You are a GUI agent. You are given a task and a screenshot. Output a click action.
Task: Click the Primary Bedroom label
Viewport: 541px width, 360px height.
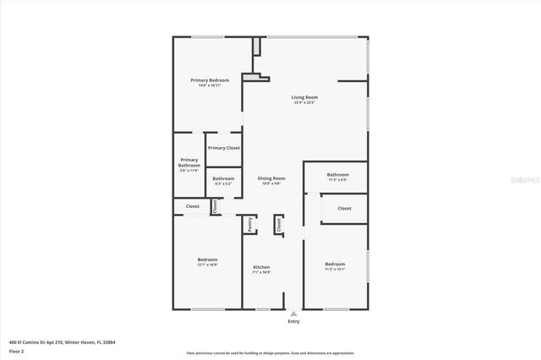point(210,80)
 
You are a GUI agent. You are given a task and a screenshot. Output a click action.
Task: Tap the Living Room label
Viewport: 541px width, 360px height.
point(304,98)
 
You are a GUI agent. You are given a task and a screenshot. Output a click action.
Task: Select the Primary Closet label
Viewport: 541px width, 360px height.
point(224,148)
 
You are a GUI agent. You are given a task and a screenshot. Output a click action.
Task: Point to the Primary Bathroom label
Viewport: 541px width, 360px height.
point(189,162)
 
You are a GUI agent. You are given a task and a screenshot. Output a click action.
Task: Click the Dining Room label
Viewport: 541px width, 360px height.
point(271,178)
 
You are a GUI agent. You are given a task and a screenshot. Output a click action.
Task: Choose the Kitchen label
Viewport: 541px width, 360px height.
point(261,267)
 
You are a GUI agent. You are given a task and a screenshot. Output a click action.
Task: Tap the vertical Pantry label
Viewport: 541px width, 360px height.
point(249,224)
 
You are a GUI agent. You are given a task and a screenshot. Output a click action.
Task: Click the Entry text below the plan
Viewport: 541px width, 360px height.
point(293,321)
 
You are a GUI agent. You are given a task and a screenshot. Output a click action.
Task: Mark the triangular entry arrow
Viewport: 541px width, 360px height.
point(293,313)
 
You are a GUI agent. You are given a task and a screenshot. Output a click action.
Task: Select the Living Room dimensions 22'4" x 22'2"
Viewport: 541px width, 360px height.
point(304,104)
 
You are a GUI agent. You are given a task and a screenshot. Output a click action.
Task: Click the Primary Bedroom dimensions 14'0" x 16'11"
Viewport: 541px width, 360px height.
point(210,85)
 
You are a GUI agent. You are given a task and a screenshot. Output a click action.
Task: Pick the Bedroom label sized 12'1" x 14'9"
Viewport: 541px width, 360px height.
point(207,259)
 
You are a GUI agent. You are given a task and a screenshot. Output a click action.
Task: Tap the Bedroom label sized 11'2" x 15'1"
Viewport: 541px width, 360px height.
point(335,264)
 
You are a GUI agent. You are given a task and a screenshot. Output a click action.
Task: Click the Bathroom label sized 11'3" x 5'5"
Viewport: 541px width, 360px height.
point(337,175)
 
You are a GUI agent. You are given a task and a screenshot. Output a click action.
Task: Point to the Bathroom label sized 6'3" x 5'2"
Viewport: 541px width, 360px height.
point(223,178)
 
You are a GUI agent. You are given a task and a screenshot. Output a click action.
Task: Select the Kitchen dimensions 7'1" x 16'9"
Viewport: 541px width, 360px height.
point(261,273)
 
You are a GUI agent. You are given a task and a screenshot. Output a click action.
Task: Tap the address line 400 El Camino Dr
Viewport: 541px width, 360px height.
point(62,341)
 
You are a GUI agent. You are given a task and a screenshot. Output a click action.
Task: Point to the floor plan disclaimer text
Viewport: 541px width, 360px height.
point(270,353)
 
